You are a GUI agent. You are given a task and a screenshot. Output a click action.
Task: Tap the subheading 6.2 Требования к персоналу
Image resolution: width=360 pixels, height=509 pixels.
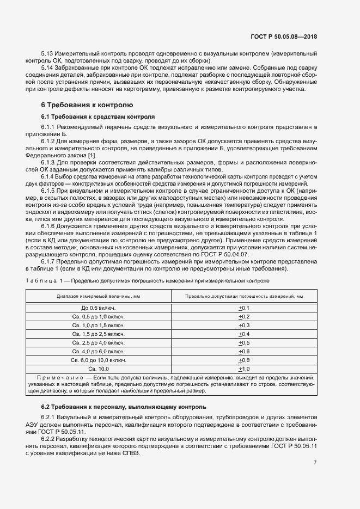tap(124, 407)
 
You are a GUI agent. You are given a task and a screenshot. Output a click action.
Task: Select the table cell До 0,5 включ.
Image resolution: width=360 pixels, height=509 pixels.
tap(99, 308)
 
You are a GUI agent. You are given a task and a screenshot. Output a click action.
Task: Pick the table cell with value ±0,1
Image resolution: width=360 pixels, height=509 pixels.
tap(243, 308)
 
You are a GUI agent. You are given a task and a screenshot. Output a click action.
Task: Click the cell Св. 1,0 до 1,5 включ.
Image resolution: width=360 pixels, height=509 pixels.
tap(99, 325)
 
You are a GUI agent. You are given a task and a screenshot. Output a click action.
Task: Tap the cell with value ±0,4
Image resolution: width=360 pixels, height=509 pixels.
tap(243, 334)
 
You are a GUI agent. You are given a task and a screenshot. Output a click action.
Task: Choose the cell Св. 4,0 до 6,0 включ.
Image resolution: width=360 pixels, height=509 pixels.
tap(99, 351)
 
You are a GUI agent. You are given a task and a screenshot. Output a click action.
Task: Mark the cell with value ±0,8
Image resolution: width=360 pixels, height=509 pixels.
tap(243, 360)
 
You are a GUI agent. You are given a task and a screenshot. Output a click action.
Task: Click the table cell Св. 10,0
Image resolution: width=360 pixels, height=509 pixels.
tap(99, 369)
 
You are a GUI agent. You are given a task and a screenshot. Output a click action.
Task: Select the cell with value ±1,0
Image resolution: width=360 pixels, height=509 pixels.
tap(243, 369)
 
